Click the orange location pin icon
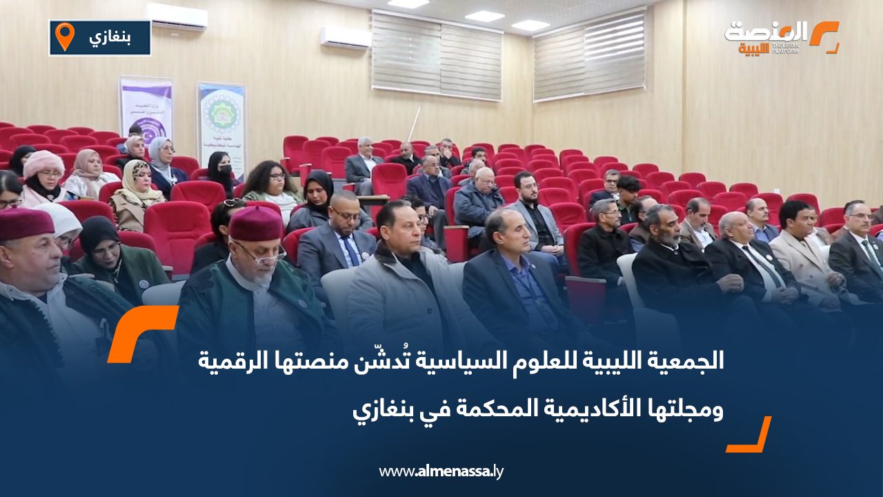(64, 37)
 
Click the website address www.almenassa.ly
(441, 471)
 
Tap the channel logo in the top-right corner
(782, 37)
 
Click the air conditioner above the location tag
(177, 16)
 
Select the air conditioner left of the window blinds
(346, 37)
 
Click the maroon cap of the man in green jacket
(255, 223)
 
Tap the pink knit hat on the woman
(43, 164)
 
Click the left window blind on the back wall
(437, 55)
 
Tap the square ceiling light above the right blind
(530, 25)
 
